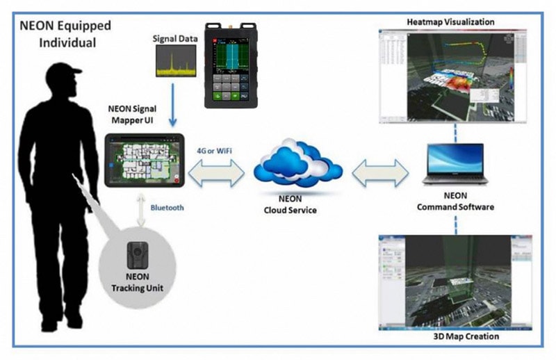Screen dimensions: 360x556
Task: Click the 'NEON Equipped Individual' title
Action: tap(66, 35)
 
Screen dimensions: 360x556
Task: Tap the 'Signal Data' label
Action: tap(173, 39)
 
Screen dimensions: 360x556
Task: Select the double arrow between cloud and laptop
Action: tap(380, 173)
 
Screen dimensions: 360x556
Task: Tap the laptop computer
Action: tap(455, 163)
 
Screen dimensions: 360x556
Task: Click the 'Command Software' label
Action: tap(455, 206)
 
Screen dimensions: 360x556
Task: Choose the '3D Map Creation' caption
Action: tap(456, 337)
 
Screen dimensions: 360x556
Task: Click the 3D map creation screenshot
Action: tap(455, 282)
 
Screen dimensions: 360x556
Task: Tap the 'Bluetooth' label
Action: tap(170, 206)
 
